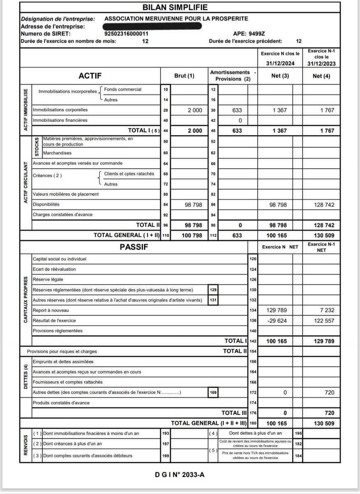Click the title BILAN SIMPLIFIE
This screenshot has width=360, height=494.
pos(179,7)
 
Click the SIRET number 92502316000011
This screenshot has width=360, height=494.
pos(127,34)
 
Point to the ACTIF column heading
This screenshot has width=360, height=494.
pos(90,76)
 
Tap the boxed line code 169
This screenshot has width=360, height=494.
pos(213,393)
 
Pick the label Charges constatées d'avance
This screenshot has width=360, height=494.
pos(63,214)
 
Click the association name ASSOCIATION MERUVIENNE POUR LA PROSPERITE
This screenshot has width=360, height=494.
pos(176,19)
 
